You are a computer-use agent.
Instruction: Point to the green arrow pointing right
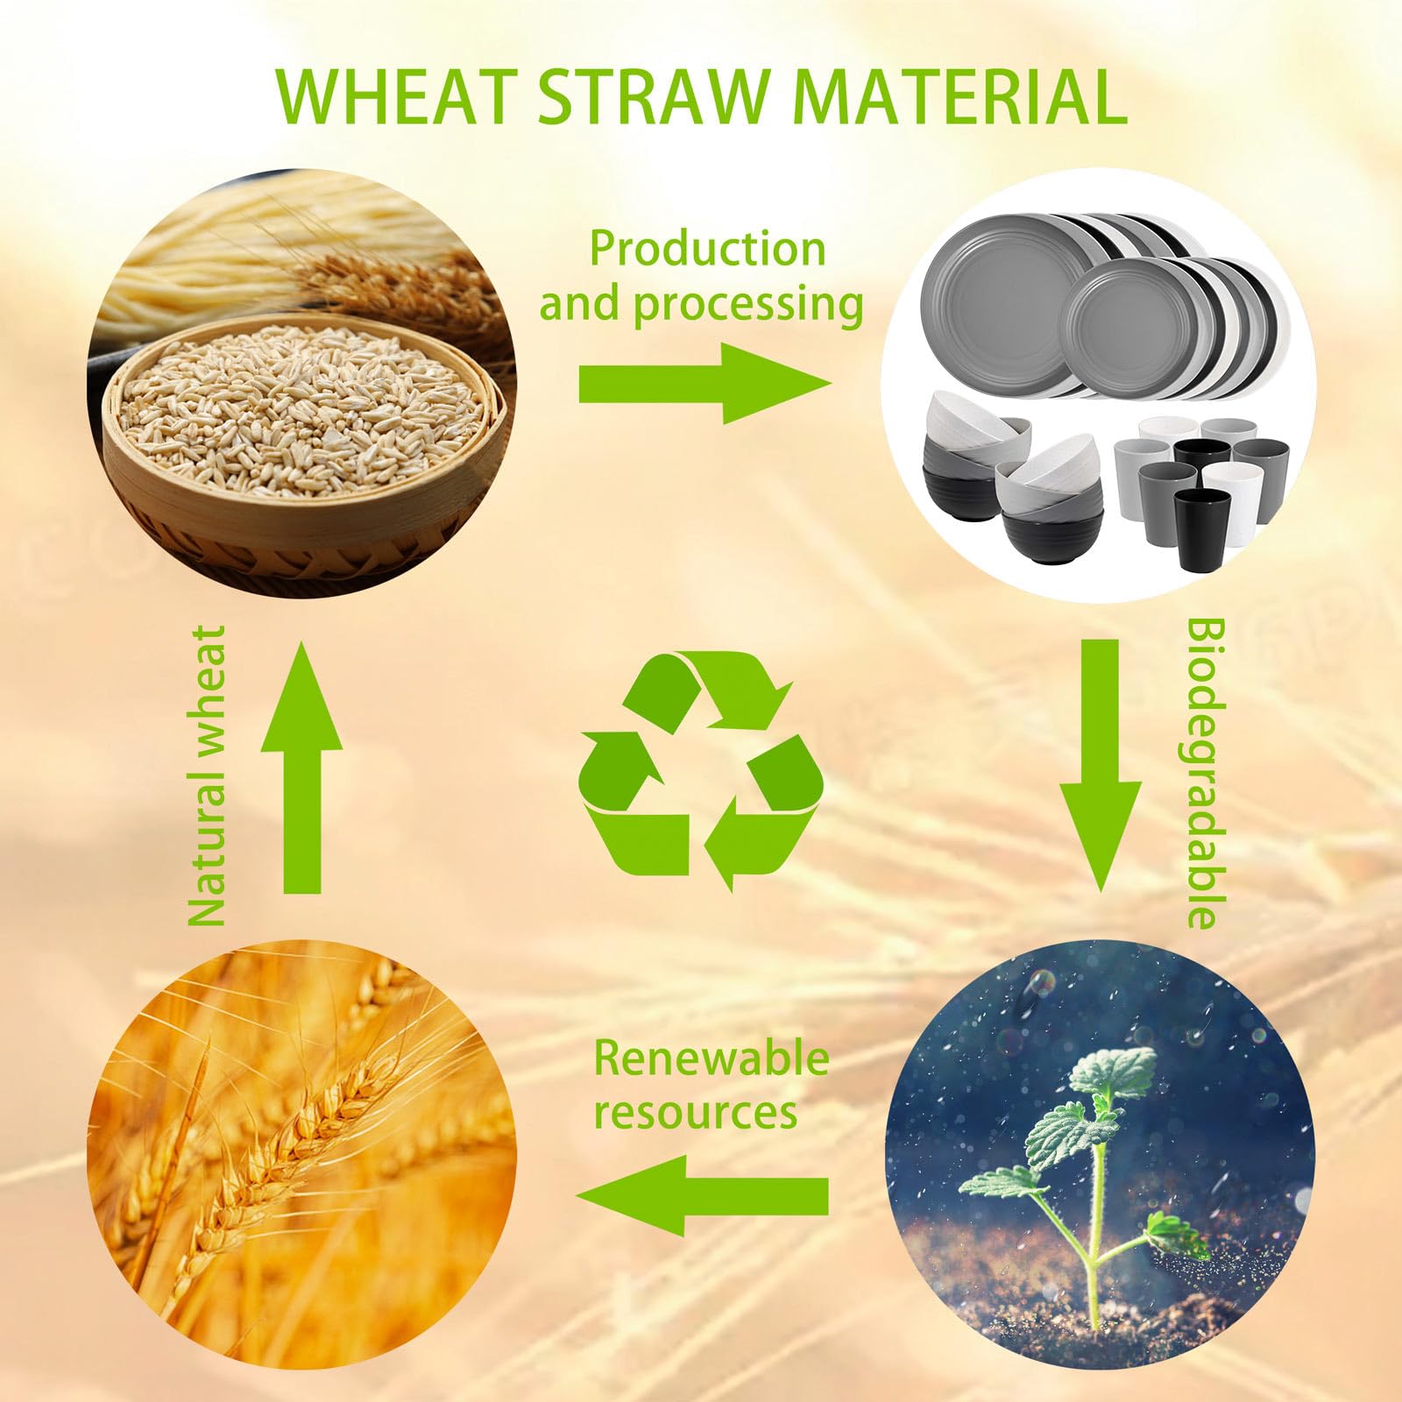point(704,383)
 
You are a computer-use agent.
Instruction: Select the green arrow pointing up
point(302,767)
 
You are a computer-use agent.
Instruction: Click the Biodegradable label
point(1206,774)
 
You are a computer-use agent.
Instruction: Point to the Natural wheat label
point(209,775)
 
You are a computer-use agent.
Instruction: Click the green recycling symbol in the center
point(701,770)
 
